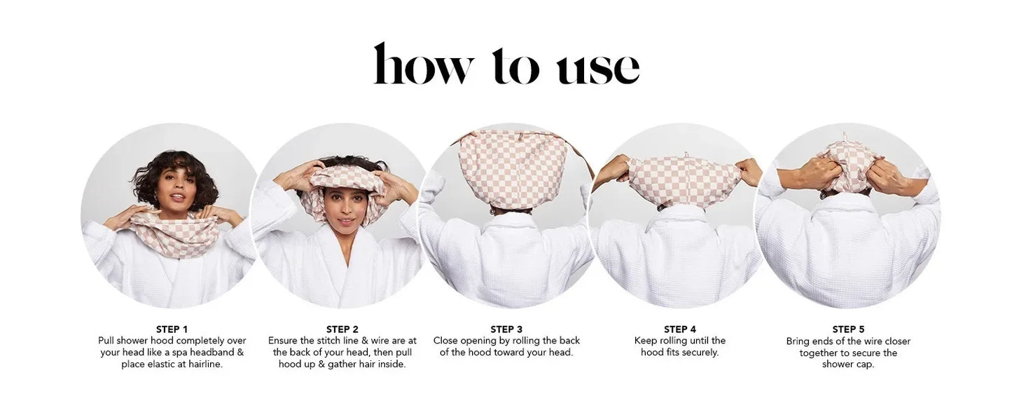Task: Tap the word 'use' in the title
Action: tap(597, 67)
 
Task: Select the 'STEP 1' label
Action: tap(172, 329)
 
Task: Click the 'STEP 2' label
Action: tap(342, 329)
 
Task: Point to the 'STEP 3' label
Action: tap(506, 329)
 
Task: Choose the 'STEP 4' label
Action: tap(679, 329)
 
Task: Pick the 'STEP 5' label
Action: tap(848, 329)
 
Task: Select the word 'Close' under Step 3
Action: tap(447, 341)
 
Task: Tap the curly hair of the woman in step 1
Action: tap(175, 168)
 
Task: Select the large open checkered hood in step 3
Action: tap(513, 168)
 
